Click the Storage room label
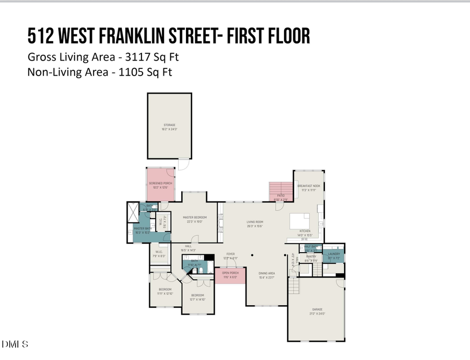click(169, 126)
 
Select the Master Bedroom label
click(195, 218)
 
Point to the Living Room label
click(254, 222)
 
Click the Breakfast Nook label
click(308, 187)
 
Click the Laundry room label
click(334, 254)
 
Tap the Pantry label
click(311, 257)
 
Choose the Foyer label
click(230, 254)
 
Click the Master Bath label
click(142, 229)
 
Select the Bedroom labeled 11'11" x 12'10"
click(164, 291)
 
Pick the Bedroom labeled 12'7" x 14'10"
click(198, 296)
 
